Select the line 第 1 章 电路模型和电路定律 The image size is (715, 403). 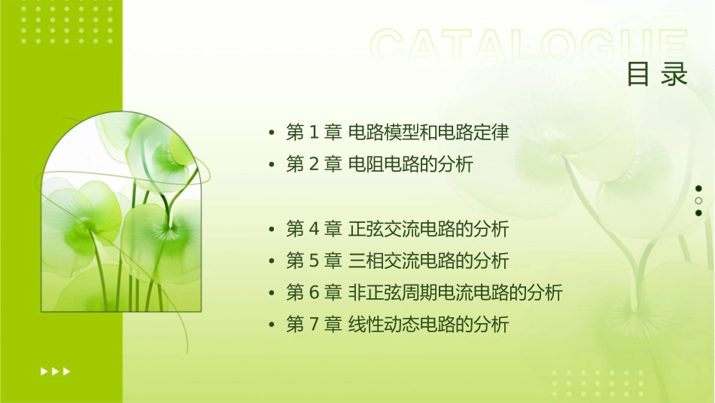tap(397, 133)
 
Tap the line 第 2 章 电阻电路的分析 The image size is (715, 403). tap(379, 164)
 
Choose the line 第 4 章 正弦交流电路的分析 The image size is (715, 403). tap(397, 228)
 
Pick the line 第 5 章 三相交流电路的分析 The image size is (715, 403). tap(397, 261)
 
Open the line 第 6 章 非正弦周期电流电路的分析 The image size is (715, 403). tap(424, 292)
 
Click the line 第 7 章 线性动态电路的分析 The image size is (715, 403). tap(397, 325)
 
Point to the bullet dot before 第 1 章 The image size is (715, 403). tap(272, 133)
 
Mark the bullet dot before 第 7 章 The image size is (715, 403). tap(272, 325)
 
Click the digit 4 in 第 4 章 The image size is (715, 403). tap(315, 228)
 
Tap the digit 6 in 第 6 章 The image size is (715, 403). tap(315, 292)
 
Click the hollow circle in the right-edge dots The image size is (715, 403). tap(698, 201)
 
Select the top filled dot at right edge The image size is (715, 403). tap(698, 188)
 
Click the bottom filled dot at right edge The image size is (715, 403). tap(698, 213)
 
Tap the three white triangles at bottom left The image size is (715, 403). tap(55, 371)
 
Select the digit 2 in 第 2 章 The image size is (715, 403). tap(315, 164)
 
